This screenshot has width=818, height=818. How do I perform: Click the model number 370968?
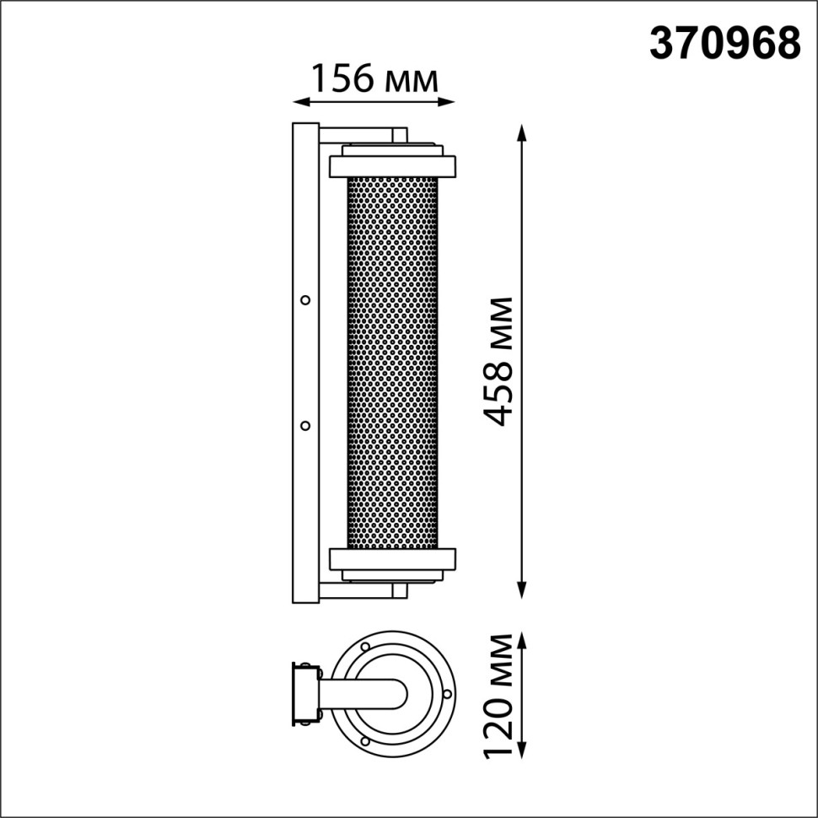[724, 43]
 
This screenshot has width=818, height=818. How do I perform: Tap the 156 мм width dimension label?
[374, 79]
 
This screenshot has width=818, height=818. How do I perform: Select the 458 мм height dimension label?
[501, 361]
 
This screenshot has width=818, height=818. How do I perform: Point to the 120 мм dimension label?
[501, 695]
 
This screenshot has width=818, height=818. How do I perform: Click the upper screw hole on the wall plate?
[305, 299]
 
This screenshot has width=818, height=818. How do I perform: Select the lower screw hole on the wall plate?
[305, 425]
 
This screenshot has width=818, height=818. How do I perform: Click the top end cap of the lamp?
[392, 162]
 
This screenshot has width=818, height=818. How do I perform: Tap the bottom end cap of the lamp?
[392, 562]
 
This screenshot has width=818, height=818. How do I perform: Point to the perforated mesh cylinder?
[392, 363]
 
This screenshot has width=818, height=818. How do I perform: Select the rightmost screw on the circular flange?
[447, 694]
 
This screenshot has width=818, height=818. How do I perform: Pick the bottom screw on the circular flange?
[364, 741]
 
